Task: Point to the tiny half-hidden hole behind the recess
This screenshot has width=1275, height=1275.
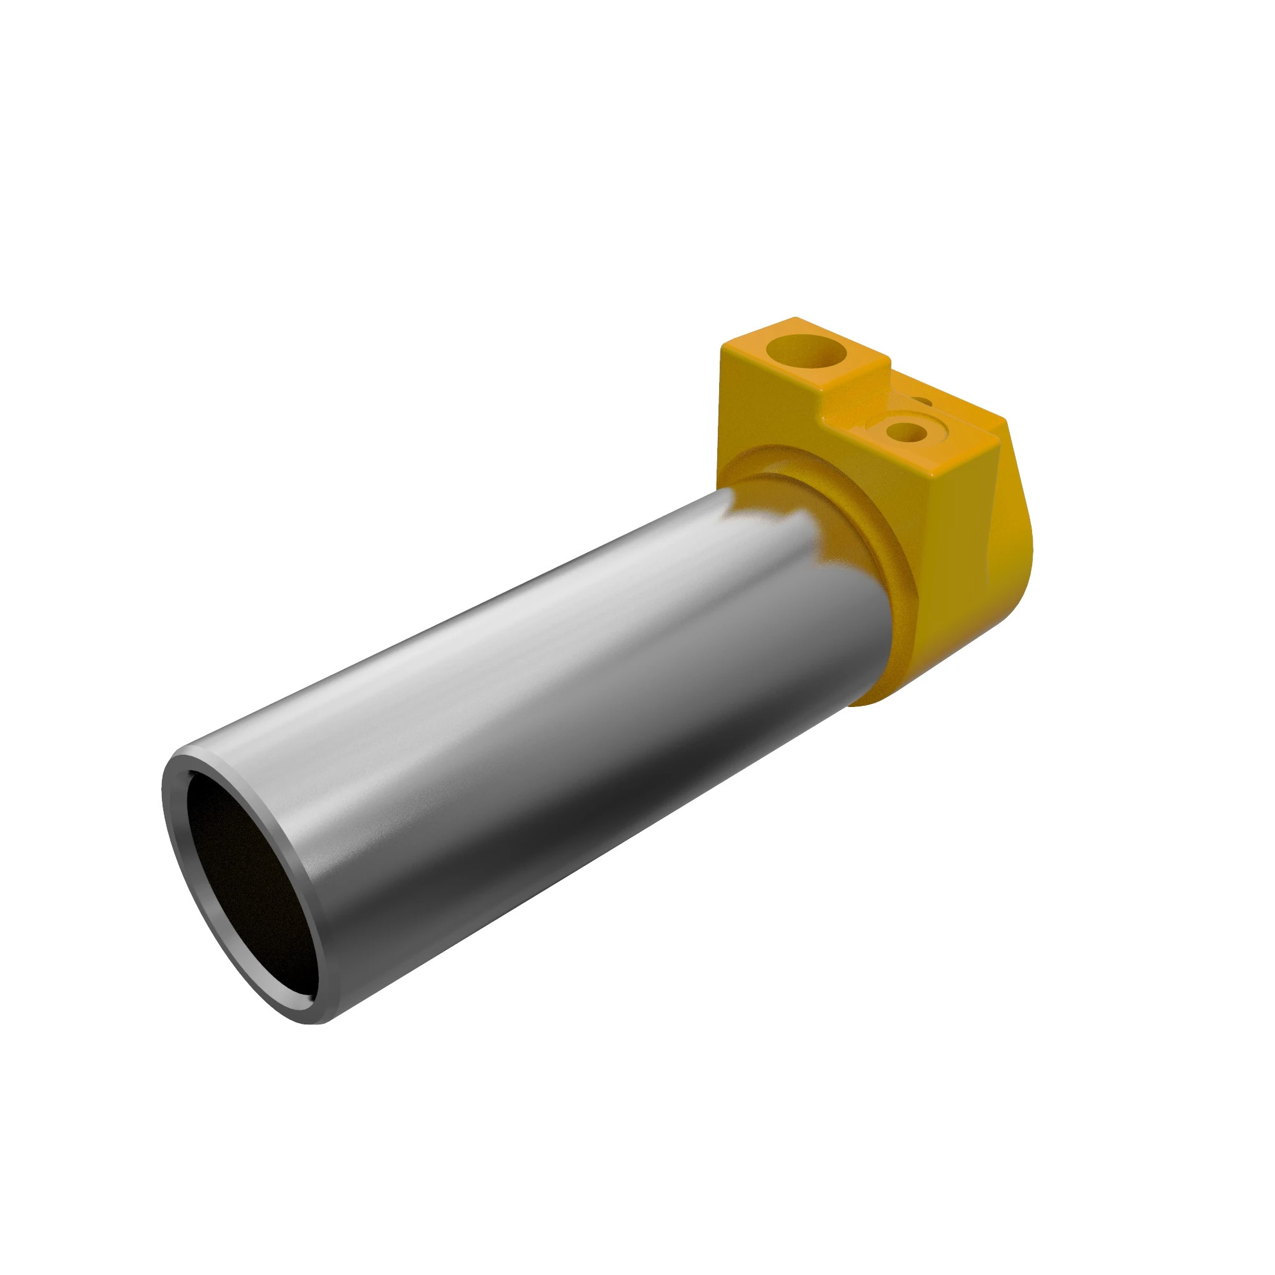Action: (922, 401)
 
